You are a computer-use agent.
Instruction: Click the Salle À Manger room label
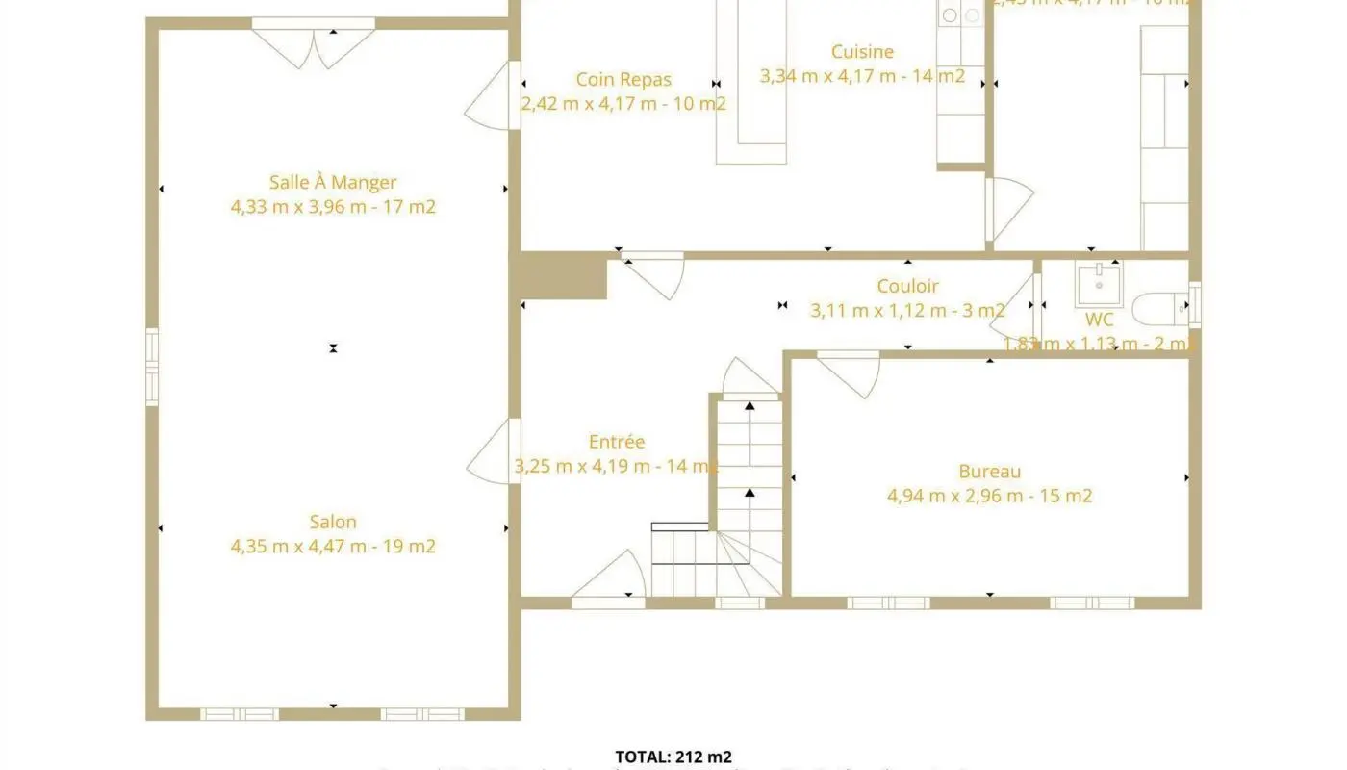point(333,182)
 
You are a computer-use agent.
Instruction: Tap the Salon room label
point(333,522)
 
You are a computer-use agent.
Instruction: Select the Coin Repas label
point(623,80)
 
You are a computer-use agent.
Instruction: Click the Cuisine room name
point(862,52)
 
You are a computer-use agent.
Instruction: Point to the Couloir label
point(907,286)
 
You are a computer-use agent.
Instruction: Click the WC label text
point(1099,320)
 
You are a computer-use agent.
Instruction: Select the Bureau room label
point(989,472)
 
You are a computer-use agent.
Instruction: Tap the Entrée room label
point(617,442)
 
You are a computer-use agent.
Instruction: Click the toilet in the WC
point(1159,309)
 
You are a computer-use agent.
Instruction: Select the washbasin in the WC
point(1098,283)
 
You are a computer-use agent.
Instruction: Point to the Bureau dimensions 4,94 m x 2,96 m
point(989,497)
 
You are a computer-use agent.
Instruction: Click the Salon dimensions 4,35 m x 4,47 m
point(333,547)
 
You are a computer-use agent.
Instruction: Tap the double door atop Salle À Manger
point(313,44)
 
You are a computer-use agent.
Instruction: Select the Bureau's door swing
point(849,373)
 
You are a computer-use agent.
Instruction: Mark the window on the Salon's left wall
point(152,367)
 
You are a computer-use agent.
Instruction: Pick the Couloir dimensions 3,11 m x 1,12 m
point(907,311)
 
